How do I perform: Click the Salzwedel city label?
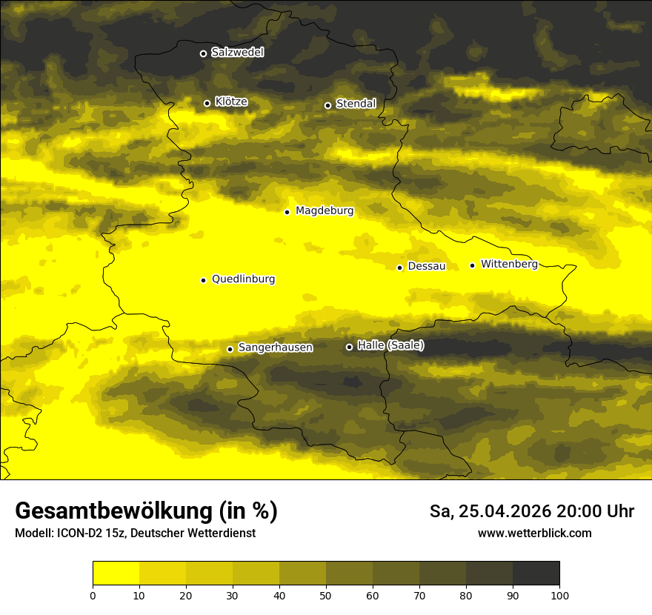[x=237, y=53]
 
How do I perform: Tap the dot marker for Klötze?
[x=207, y=103]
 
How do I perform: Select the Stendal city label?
[x=356, y=104]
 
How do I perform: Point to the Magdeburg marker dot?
[x=287, y=212]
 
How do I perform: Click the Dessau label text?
[x=427, y=266]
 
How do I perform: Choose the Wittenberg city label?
[x=509, y=264]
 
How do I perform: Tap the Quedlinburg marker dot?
[x=203, y=280]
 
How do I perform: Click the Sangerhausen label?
[x=275, y=348]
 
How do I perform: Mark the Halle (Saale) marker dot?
[x=349, y=347]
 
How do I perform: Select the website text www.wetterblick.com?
[x=535, y=533]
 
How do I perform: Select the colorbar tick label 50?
[x=326, y=595]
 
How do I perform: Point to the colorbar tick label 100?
[x=559, y=595]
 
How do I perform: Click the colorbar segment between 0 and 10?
[x=116, y=574]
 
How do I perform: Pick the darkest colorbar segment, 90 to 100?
[x=536, y=574]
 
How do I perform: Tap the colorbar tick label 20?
[x=186, y=595]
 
